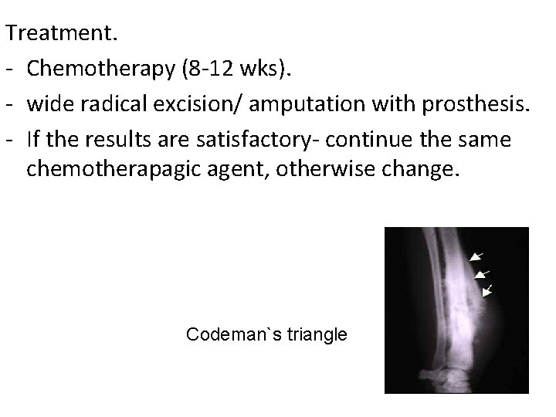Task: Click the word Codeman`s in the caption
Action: (x=234, y=335)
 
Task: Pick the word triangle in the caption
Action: (x=317, y=335)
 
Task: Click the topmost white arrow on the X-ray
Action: (x=477, y=255)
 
